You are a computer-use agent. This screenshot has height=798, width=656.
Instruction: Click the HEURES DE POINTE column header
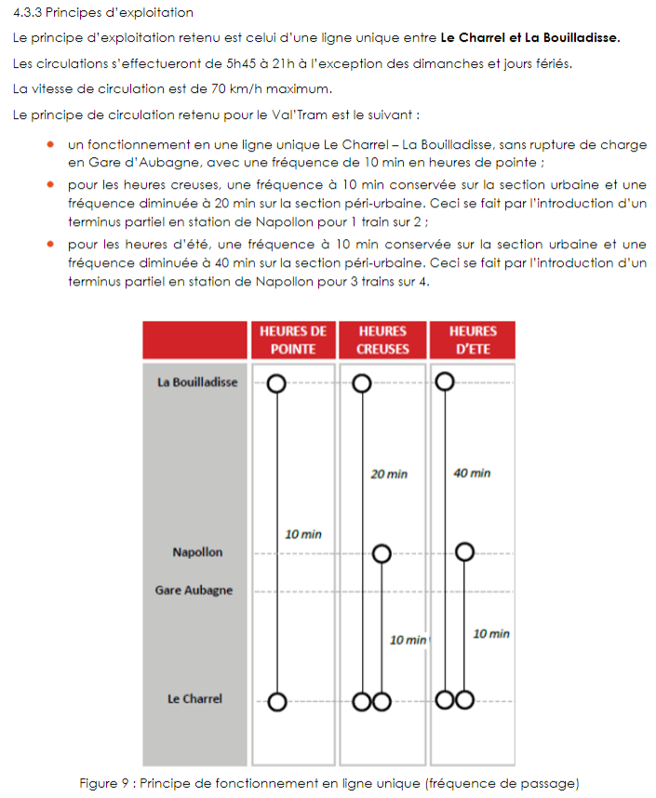292,340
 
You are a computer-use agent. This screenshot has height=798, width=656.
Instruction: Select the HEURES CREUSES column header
382,340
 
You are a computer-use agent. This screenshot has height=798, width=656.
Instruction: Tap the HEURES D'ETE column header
473,340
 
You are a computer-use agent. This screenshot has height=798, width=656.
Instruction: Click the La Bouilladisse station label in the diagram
197,382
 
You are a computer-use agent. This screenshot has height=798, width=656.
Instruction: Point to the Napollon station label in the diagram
197,552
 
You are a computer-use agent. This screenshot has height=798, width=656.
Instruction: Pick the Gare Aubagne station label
194,591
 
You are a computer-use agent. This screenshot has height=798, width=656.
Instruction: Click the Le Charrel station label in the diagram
194,699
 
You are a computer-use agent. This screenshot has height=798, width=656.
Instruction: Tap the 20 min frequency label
389,473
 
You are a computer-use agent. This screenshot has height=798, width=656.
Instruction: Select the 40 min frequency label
472,473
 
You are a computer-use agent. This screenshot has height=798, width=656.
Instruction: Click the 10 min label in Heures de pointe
303,534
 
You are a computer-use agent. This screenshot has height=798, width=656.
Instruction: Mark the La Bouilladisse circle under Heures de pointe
276,383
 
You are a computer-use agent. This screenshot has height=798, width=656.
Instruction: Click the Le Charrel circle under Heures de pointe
276,701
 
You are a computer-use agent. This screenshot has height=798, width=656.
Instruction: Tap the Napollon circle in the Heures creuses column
382,554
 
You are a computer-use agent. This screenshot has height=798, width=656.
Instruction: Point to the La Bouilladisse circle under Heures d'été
446,381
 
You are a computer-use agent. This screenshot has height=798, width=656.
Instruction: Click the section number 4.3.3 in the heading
31,13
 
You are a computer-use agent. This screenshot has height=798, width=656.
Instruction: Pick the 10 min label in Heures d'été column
491,634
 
